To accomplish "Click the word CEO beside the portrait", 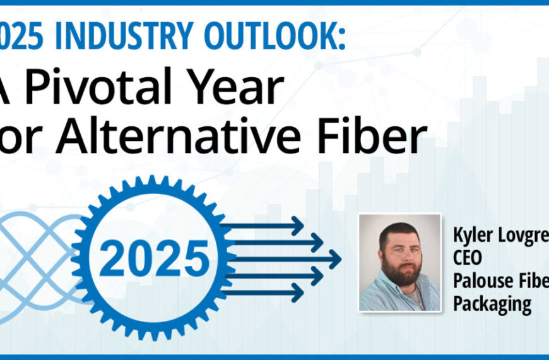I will pos(468,258).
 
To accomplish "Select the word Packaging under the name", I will pos(492,304).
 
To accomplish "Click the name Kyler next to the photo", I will pos(473,235).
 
